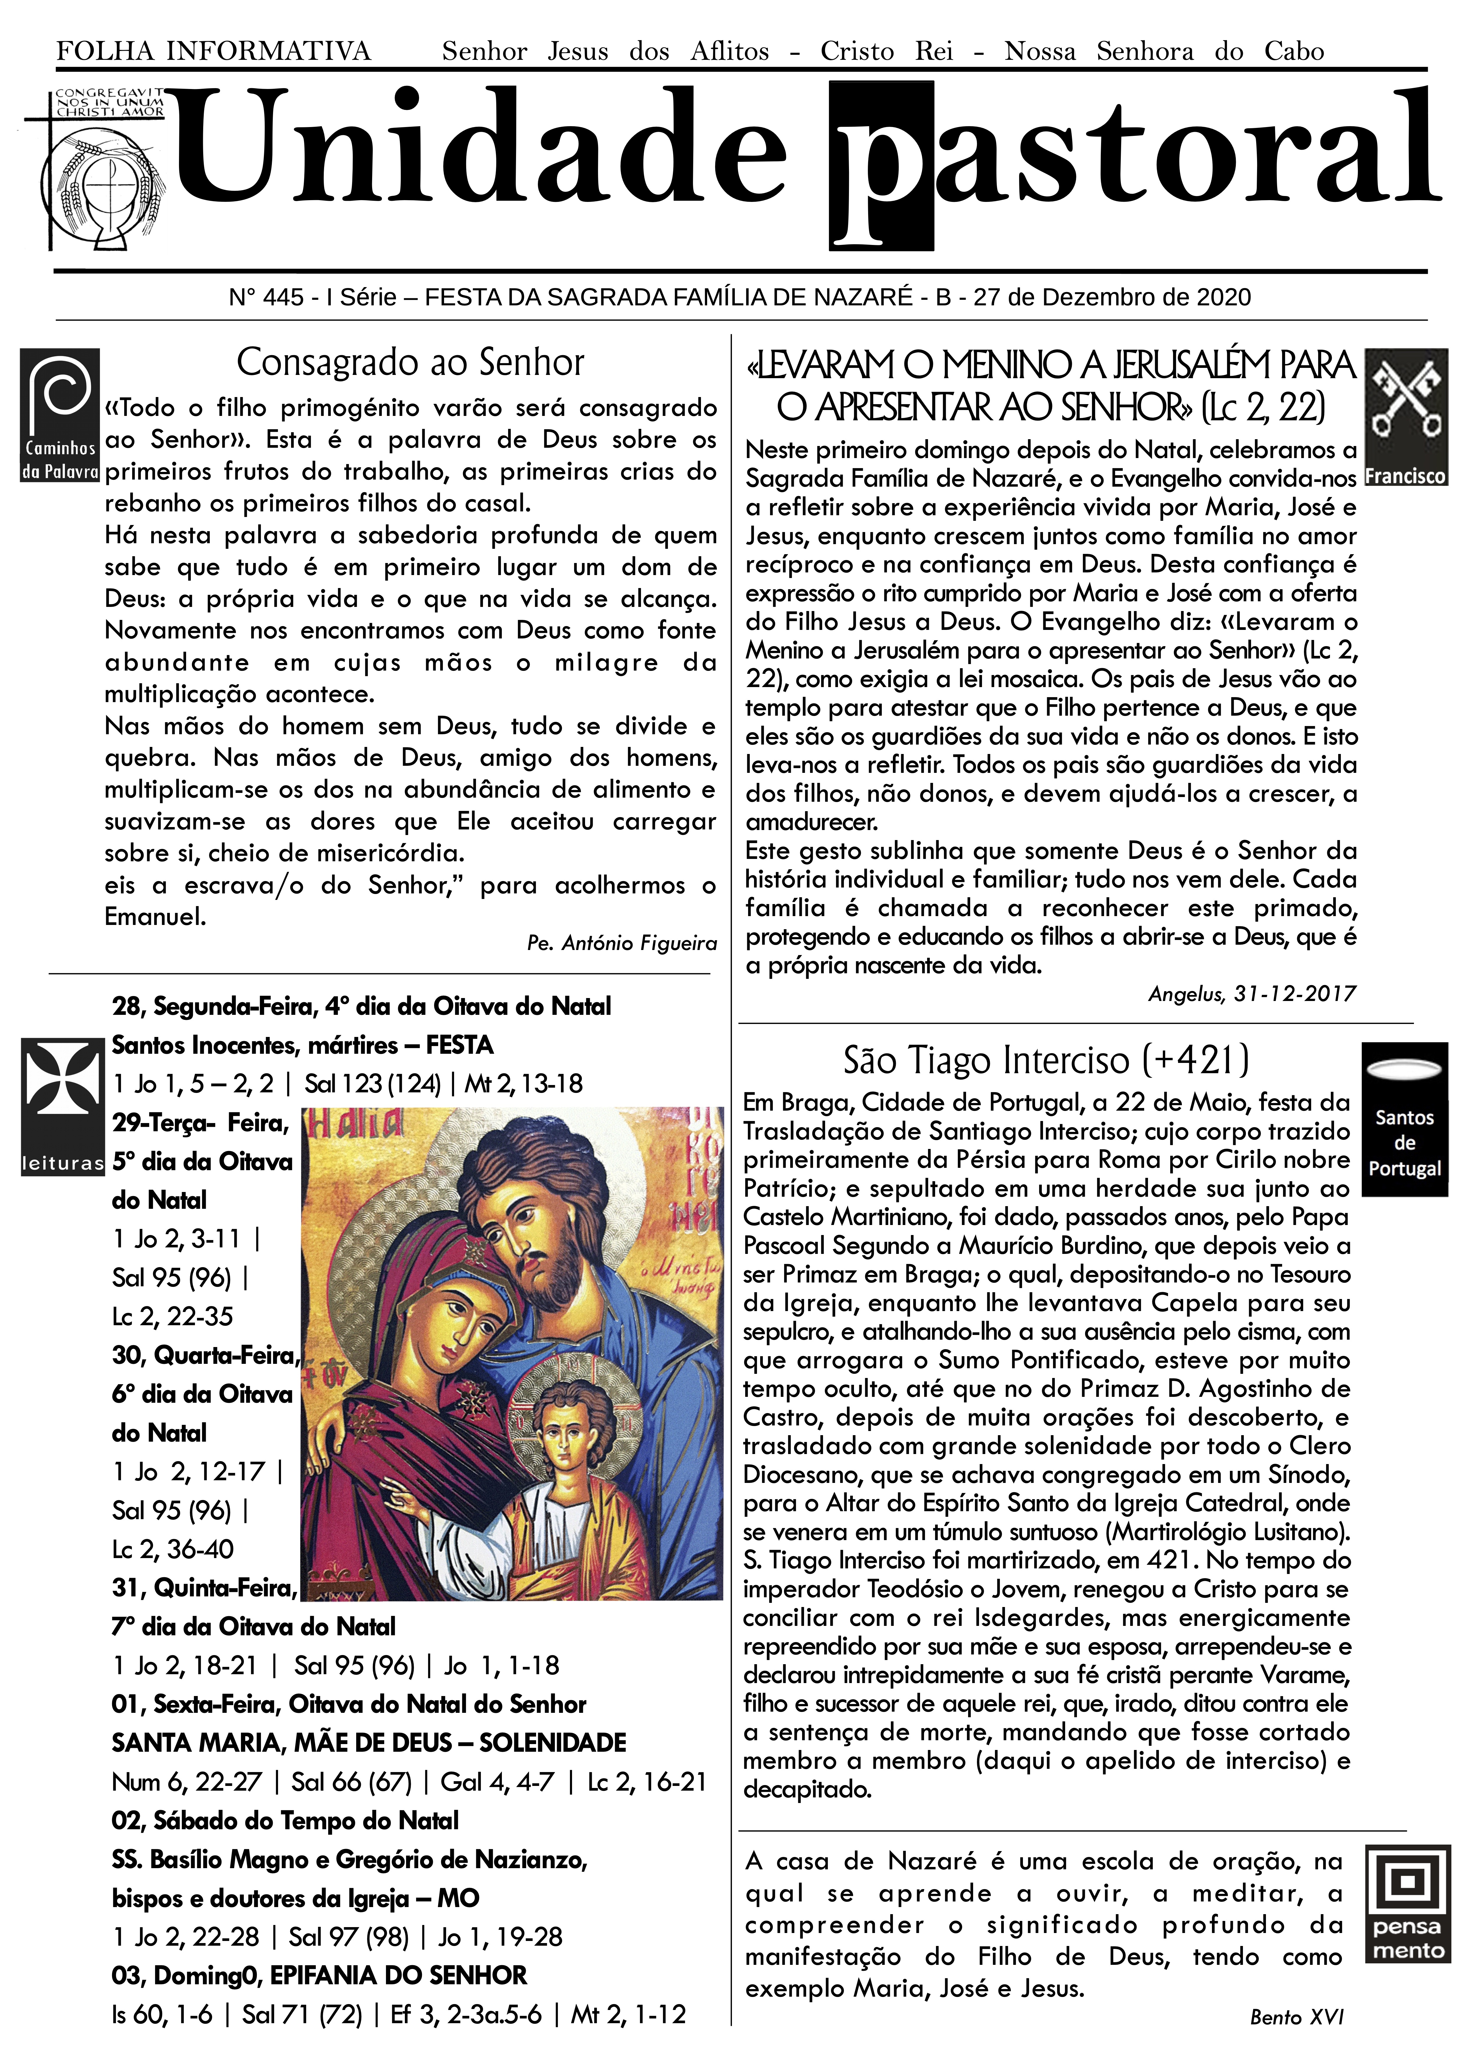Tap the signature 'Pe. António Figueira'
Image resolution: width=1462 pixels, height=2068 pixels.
(x=622, y=943)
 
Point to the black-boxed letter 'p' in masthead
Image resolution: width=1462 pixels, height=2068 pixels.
(x=881, y=167)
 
